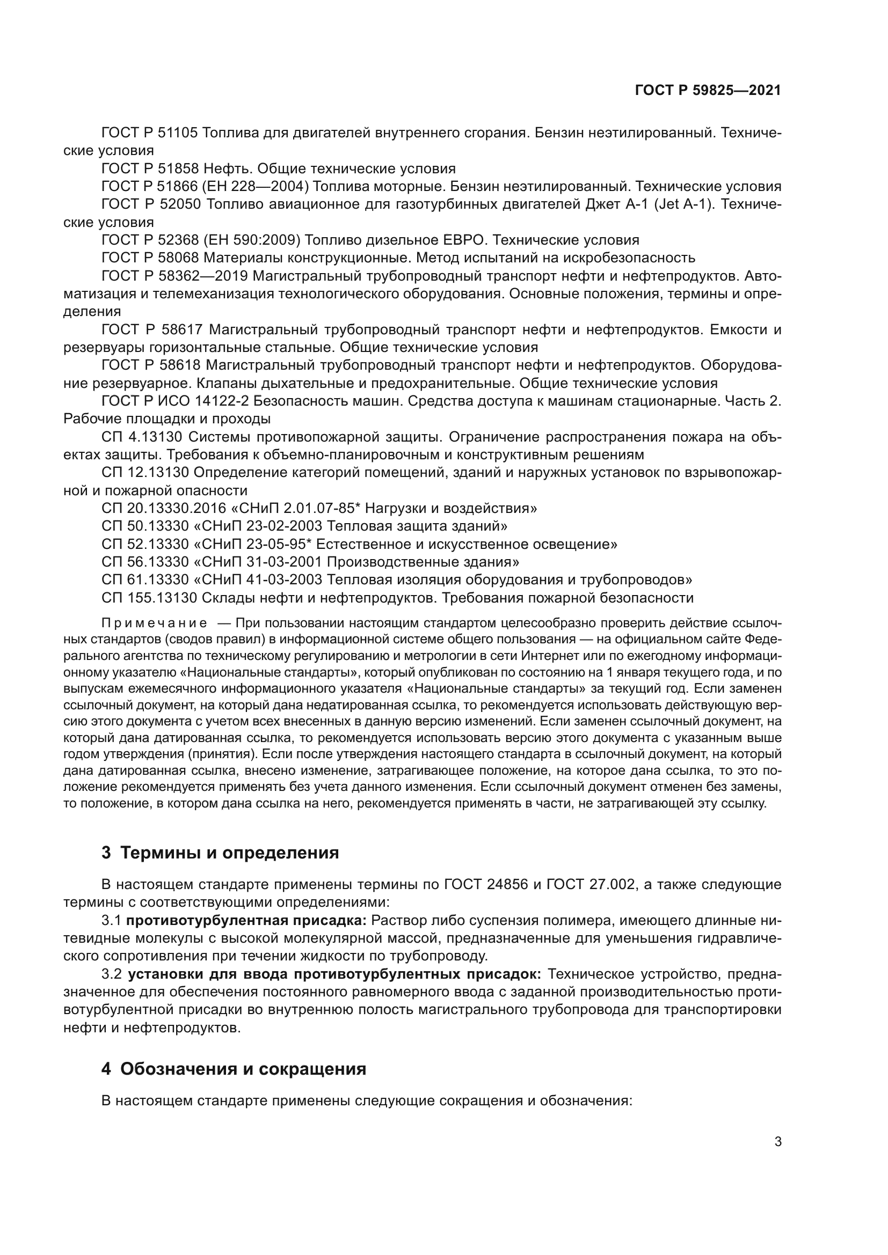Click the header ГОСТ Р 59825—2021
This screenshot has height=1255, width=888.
(x=708, y=91)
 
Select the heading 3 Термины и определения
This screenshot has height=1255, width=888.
(x=220, y=852)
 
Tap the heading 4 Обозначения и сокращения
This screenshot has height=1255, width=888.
(x=234, y=1069)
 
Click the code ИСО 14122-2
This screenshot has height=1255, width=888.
(x=205, y=401)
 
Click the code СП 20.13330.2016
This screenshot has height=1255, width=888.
(x=164, y=508)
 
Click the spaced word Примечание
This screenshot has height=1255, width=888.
(x=154, y=623)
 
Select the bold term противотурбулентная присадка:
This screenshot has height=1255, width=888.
(x=246, y=921)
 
